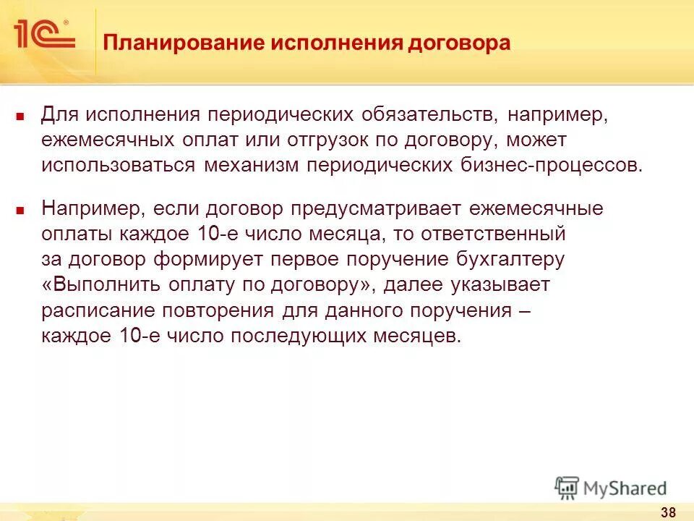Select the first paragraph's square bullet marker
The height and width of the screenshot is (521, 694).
point(21,116)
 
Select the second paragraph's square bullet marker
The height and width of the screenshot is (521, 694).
point(21,211)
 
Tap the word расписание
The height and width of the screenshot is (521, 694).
point(90,310)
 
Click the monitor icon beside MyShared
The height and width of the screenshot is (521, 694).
point(567,487)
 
